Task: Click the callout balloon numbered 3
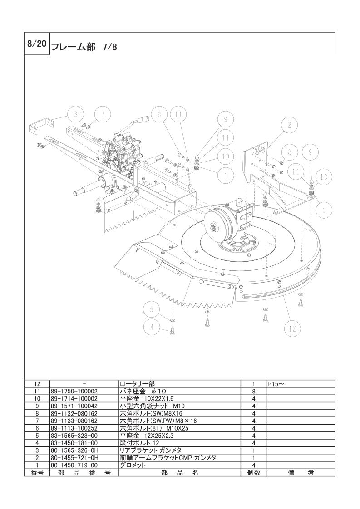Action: (75, 114)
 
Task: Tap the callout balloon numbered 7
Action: (103, 114)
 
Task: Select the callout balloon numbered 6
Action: (159, 114)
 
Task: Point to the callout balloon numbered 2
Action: (289, 125)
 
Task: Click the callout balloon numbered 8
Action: (290, 152)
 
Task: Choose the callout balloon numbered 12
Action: (292, 329)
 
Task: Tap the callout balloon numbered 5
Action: (152, 309)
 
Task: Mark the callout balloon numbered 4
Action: (152, 328)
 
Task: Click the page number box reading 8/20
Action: (37, 44)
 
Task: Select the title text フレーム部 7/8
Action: (84, 47)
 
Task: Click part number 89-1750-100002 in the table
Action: (74, 391)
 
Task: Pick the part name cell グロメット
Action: (133, 465)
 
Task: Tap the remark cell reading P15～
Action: (276, 384)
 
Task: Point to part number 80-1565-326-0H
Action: (74, 450)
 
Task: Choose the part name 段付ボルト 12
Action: (139, 443)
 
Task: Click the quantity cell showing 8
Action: (253, 391)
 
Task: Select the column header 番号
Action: (37, 473)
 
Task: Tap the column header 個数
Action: (253, 473)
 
